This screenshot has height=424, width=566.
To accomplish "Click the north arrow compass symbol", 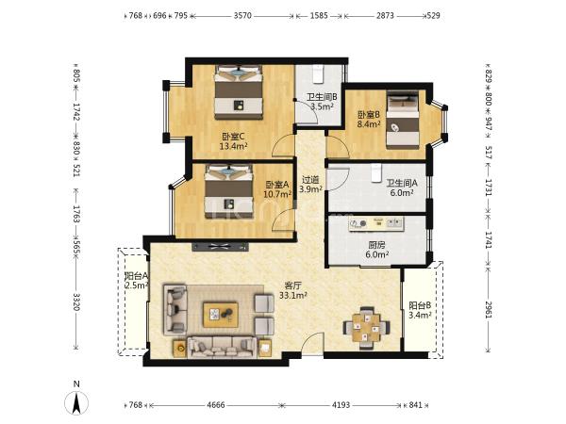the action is [x=76, y=402].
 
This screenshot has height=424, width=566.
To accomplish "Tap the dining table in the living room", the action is [x=366, y=328].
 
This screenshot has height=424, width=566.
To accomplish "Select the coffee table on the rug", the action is [x=221, y=315].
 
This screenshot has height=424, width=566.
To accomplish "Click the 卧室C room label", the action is [x=233, y=137].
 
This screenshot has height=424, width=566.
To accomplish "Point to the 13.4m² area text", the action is [x=233, y=146].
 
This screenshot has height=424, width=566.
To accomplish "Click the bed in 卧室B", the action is [x=403, y=120].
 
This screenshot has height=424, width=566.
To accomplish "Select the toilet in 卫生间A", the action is [x=376, y=173].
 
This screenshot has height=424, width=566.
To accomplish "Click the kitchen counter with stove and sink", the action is [x=375, y=224].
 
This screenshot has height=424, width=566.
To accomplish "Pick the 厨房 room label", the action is [x=376, y=245].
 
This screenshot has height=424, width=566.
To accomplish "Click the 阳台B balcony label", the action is [x=420, y=305].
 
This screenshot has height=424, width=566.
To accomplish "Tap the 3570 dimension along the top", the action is [x=242, y=15].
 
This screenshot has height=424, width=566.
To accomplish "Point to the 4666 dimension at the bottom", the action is [x=216, y=405].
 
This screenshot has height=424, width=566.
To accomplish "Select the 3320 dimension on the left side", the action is [x=76, y=302].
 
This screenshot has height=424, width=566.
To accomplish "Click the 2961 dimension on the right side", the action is [x=488, y=309].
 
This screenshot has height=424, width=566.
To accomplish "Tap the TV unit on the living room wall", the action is [x=220, y=247].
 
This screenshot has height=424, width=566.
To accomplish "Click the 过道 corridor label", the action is [x=310, y=179].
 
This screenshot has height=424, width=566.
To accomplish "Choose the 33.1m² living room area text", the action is [x=293, y=295].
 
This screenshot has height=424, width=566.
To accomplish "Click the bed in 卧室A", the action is [x=228, y=191].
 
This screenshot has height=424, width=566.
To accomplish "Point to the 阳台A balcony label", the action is [x=136, y=276].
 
